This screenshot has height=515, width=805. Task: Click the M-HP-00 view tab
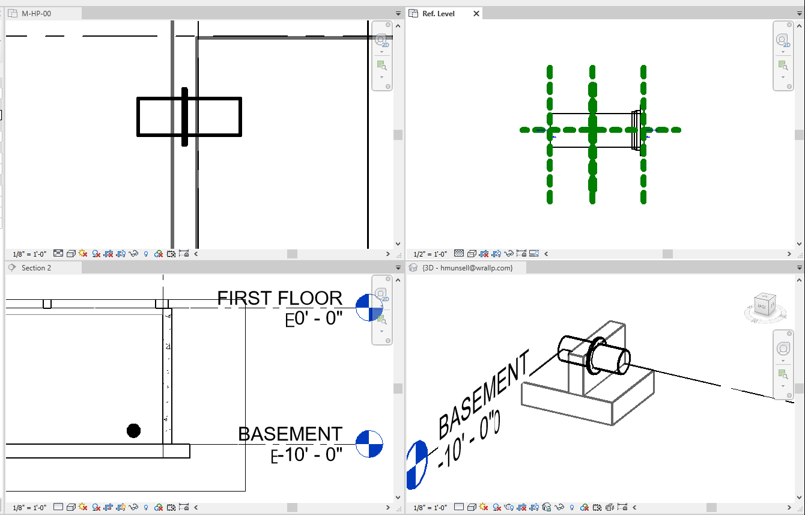(36, 13)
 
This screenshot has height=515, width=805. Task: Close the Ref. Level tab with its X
(476, 13)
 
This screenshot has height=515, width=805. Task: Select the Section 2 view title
(36, 268)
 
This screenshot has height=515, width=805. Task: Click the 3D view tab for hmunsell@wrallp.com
(467, 268)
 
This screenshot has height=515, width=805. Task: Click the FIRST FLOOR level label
(279, 298)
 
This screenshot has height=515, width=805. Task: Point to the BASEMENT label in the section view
(290, 434)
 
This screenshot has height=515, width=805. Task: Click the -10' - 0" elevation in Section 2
(310, 455)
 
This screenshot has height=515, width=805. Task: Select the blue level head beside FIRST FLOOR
(369, 308)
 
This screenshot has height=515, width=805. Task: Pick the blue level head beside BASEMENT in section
(369, 443)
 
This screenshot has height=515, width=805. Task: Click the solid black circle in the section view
(133, 430)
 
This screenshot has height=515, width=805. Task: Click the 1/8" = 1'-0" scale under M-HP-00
(29, 254)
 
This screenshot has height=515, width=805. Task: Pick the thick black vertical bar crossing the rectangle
(184, 117)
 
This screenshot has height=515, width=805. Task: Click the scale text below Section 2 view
(29, 508)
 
